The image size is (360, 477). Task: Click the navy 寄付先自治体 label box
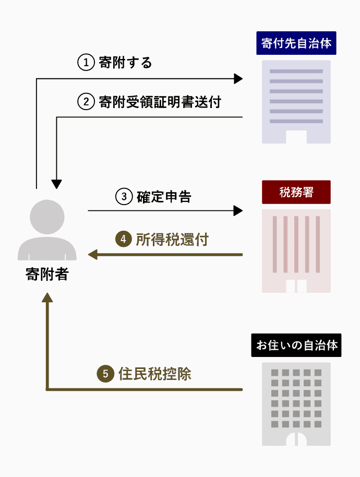pyautogui.click(x=296, y=43)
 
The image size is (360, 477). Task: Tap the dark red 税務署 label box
pyautogui.click(x=296, y=192)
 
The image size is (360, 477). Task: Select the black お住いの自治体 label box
pyautogui.click(x=296, y=345)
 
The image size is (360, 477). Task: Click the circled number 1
pyautogui.click(x=85, y=63)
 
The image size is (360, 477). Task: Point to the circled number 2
pyautogui.click(x=85, y=102)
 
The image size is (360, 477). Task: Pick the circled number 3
pyautogui.click(x=124, y=197)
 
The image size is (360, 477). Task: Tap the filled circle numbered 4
pyautogui.click(x=123, y=240)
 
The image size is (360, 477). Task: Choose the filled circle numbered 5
pyautogui.click(x=105, y=374)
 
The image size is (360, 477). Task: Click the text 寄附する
pyautogui.click(x=125, y=63)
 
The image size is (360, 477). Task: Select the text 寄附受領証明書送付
pyautogui.click(x=160, y=102)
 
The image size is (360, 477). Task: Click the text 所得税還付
pyautogui.click(x=172, y=240)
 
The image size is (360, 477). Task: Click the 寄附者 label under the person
pyautogui.click(x=47, y=274)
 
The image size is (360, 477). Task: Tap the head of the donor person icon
pyautogui.click(x=47, y=217)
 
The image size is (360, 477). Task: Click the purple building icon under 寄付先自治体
pyautogui.click(x=296, y=102)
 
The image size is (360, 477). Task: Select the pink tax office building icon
pyautogui.click(x=296, y=251)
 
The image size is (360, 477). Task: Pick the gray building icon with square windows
pyautogui.click(x=296, y=404)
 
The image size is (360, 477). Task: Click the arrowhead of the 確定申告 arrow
pyautogui.click(x=238, y=211)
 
